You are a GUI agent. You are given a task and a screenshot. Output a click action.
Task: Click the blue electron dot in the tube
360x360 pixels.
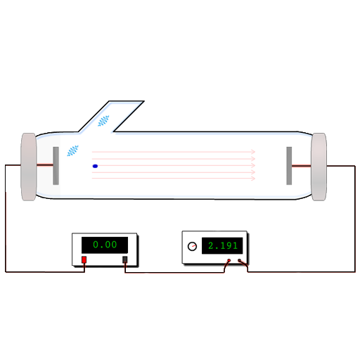(x=95, y=166)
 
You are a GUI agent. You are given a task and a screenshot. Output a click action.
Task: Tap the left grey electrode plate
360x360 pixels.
(x=56, y=166)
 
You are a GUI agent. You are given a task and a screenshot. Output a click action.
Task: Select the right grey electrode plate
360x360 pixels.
(x=289, y=166)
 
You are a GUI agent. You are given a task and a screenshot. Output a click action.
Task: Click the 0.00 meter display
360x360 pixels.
(x=105, y=245)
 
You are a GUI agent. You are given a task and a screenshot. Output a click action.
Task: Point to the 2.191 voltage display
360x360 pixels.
(x=222, y=245)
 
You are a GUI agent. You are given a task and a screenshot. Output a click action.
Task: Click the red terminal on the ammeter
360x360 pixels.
(x=84, y=259)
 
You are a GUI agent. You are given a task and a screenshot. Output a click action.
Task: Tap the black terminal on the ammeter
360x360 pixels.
(x=125, y=259)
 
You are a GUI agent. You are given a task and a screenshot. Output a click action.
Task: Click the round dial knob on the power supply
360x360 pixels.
(x=192, y=246)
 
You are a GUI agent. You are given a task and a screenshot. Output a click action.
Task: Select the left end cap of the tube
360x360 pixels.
(x=29, y=167)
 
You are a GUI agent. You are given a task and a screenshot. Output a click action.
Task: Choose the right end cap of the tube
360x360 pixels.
(x=319, y=167)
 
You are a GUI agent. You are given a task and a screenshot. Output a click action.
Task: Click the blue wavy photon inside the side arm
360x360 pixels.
(x=103, y=121)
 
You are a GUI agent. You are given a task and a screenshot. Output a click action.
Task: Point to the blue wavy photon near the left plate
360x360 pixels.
(x=73, y=150)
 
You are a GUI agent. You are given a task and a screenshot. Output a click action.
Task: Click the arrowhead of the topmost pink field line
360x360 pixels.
(x=253, y=152)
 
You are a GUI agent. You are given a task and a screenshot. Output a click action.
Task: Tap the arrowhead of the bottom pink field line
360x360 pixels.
(x=253, y=179)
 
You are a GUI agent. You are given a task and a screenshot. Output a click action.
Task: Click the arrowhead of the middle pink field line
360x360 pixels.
(x=253, y=165)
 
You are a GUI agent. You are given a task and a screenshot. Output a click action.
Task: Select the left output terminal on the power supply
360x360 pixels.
(x=229, y=260)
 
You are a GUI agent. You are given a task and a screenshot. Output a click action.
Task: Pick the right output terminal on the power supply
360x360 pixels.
(x=239, y=260)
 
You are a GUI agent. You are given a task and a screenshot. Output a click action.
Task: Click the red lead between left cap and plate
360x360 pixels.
(x=45, y=165)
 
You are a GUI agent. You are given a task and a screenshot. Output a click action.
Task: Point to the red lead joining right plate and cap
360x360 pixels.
(x=302, y=166)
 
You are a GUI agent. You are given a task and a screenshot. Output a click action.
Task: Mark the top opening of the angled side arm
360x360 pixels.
(x=127, y=101)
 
